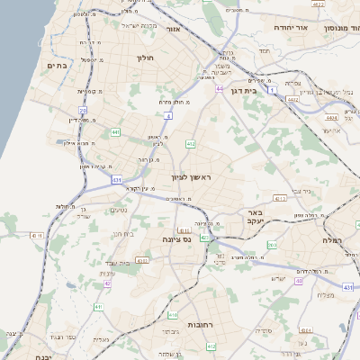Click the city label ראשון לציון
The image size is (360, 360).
tap(191, 177)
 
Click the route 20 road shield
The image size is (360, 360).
tap(83, 110)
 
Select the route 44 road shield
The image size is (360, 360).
tap(220, 89)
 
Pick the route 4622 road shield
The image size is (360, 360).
tap(318, 4)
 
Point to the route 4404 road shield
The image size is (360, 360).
tap(331, 118)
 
